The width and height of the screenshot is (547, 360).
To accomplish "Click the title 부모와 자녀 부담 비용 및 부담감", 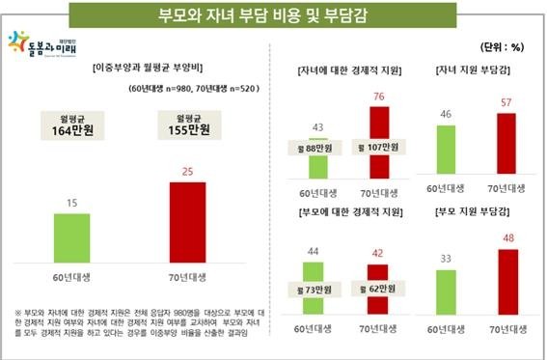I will (x=273, y=15).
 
